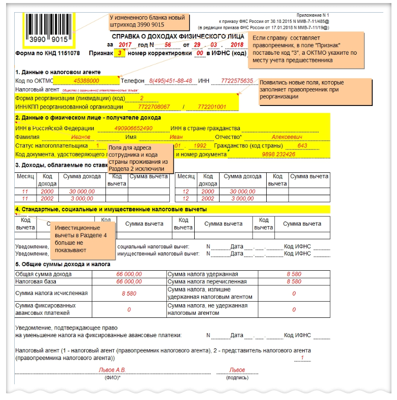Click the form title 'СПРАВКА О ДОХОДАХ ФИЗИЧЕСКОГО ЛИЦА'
click(x=174, y=37)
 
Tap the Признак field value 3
click(x=120, y=53)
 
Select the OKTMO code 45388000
click(x=86, y=81)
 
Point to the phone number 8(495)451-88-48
click(x=170, y=81)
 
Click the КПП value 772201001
click(x=211, y=107)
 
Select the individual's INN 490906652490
click(x=134, y=128)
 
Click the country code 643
click(x=303, y=146)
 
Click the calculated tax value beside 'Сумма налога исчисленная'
click(x=129, y=293)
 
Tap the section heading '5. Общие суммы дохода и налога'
click(x=63, y=264)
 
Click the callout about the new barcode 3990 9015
click(x=149, y=22)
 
